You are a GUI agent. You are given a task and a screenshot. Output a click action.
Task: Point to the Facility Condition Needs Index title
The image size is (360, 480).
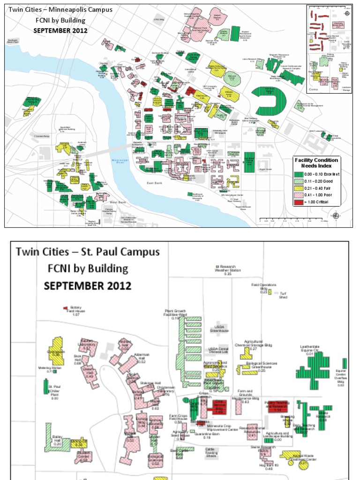point(315,163)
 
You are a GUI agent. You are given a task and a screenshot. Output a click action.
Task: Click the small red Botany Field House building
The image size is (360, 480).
point(66,308)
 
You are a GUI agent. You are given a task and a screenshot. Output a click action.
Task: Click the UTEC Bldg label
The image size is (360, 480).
point(159,20)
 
